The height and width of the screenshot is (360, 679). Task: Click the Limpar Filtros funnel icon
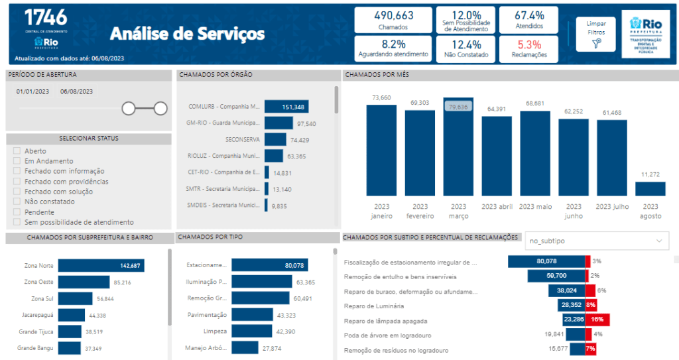point(597,43)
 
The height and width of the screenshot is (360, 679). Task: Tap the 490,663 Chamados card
point(393,20)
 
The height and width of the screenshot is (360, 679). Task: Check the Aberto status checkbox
point(17,151)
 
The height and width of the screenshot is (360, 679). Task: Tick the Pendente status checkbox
point(17,212)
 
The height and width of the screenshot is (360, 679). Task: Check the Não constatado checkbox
point(17,202)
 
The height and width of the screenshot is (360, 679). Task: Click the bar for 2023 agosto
point(650,189)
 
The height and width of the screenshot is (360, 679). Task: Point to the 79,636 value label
point(458,106)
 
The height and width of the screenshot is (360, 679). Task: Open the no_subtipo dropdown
point(596,241)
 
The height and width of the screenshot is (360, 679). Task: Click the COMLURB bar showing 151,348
point(286,107)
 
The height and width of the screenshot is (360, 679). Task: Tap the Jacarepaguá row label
point(38,315)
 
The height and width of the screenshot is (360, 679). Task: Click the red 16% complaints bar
point(597,319)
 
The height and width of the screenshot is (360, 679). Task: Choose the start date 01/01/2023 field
point(33,91)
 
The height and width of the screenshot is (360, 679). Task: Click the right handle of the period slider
point(160,108)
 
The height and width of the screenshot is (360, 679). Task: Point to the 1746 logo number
point(45,17)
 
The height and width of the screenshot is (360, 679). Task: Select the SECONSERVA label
point(241,139)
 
